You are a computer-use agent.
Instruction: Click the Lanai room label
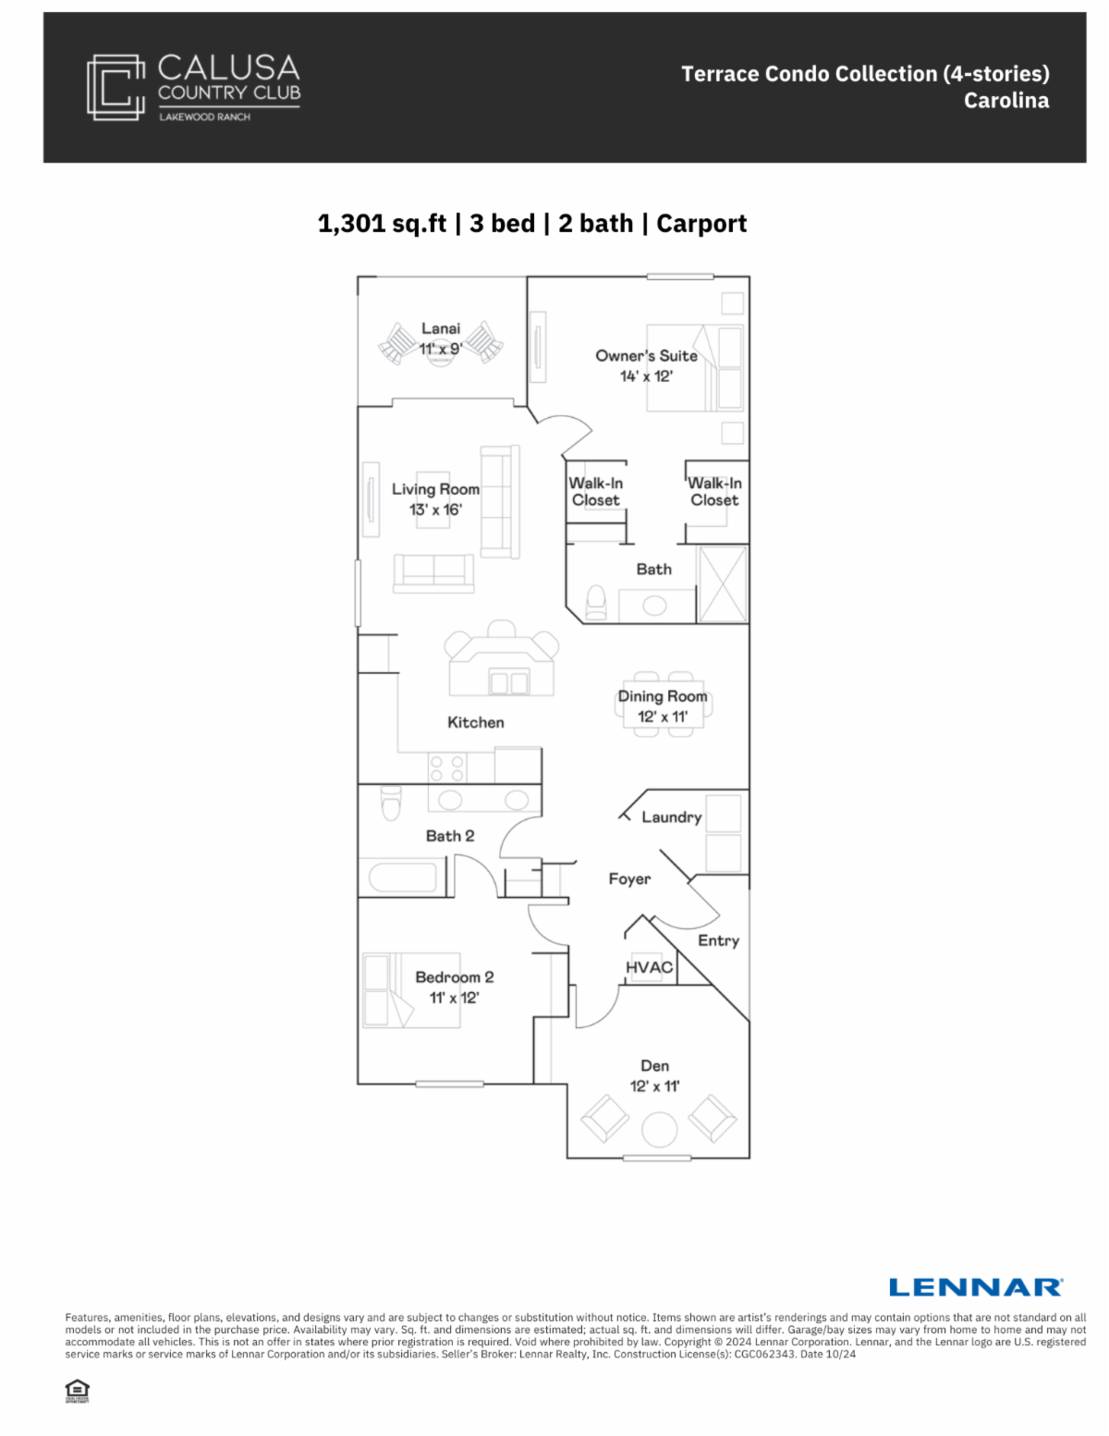tap(441, 328)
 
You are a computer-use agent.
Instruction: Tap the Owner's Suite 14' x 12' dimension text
tap(646, 376)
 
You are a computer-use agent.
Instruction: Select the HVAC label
tap(649, 967)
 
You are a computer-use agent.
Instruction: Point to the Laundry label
tap(671, 817)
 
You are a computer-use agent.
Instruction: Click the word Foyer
tap(629, 879)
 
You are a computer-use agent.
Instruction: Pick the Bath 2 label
tap(450, 836)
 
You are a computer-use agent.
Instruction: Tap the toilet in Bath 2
tap(391, 803)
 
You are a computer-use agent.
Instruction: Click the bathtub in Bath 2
tap(402, 878)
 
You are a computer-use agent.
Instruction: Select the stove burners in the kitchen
tap(447, 768)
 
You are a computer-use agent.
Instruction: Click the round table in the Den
tap(659, 1129)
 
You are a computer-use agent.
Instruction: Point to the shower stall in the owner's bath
tap(723, 584)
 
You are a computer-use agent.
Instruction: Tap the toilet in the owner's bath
tap(596, 603)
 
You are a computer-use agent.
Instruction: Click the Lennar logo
tap(975, 1287)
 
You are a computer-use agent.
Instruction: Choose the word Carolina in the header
tap(1006, 101)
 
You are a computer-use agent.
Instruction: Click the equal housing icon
tap(78, 1391)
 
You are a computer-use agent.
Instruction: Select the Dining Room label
tap(663, 696)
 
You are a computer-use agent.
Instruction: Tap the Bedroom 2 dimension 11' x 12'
tap(455, 998)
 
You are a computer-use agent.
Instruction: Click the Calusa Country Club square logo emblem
tap(116, 87)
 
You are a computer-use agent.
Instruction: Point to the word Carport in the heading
tap(701, 224)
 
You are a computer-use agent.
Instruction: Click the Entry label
tap(719, 941)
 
